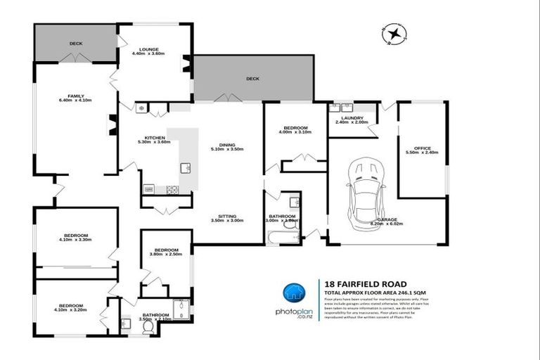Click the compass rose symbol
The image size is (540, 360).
pos(394,34)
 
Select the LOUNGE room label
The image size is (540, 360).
pos(148,48)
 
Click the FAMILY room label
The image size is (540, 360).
pos(76,96)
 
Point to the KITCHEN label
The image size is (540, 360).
pos(155,137)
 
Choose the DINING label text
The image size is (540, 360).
pos(227,144)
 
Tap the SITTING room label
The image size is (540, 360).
pos(226,216)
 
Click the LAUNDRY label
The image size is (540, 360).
pos(352,118)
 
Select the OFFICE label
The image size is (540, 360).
pos(422,148)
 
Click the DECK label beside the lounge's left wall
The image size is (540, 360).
pos(76,44)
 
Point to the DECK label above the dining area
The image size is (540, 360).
pos(252,79)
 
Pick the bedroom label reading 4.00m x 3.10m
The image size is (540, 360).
pos(295,132)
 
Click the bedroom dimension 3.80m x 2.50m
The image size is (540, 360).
pos(167,255)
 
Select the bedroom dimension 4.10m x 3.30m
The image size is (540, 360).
pos(76,240)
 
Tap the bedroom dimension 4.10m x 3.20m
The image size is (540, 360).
pos(71,310)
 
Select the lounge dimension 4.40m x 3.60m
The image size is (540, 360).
pos(148,53)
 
